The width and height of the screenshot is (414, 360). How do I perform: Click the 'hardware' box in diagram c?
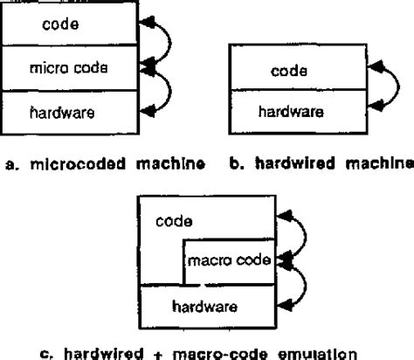click(209, 306)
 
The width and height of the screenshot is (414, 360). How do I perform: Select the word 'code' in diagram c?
click(174, 222)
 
